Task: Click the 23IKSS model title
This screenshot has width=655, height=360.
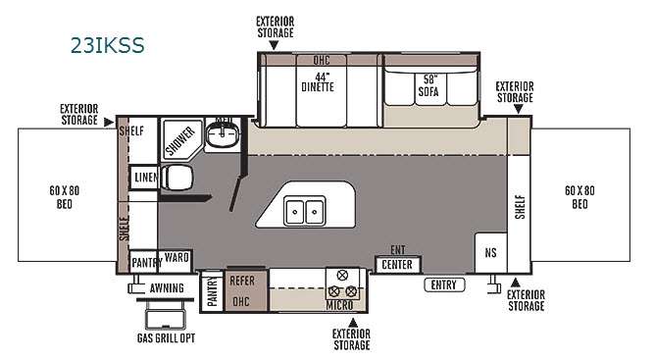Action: click(x=107, y=45)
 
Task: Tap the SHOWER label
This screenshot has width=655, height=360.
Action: click(x=180, y=140)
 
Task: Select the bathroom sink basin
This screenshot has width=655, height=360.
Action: click(x=223, y=133)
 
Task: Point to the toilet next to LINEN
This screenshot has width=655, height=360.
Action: click(x=176, y=177)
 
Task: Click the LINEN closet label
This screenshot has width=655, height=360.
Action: click(x=146, y=178)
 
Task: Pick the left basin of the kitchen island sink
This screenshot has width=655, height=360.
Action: click(x=294, y=212)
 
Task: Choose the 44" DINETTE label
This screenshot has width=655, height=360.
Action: click(x=319, y=82)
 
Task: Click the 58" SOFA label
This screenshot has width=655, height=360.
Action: click(x=428, y=85)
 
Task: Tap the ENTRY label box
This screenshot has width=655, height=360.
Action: click(x=444, y=284)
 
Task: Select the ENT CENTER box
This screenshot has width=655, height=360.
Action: click(x=397, y=264)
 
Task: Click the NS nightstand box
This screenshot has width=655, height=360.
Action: click(x=491, y=252)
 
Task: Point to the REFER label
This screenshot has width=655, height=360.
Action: click(x=242, y=281)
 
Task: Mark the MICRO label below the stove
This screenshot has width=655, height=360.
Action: click(x=339, y=305)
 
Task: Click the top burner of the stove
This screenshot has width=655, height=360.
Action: click(x=342, y=275)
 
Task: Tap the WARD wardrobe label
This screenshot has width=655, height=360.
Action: click(x=176, y=257)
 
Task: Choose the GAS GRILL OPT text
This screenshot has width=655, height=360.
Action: click(x=167, y=337)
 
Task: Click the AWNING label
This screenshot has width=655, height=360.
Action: click(x=167, y=288)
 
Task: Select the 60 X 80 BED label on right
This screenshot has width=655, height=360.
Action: click(x=579, y=197)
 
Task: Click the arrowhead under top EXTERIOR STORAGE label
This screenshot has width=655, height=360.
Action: click(x=274, y=45)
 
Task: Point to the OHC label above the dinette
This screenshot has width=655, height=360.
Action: click(x=322, y=60)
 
